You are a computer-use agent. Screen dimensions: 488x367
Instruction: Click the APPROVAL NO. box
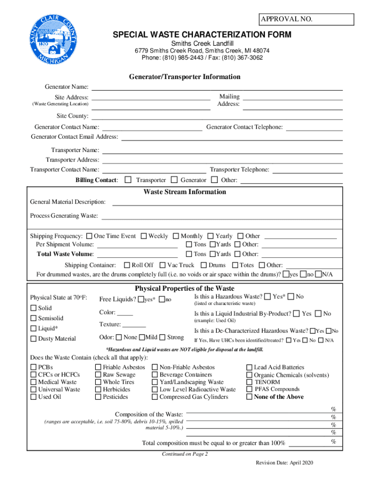(x=306, y=20)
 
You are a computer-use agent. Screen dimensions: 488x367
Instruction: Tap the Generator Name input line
(x=217, y=87)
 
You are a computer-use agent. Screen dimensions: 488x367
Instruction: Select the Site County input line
(x=217, y=116)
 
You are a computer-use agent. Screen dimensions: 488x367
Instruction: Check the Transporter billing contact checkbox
(x=128, y=180)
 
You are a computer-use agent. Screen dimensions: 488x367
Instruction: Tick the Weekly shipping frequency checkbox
(x=143, y=236)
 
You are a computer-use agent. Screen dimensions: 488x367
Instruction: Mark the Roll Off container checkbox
(x=127, y=265)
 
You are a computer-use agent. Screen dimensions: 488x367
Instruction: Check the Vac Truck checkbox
(x=163, y=265)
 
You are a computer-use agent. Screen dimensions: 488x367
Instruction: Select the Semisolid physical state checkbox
(x=33, y=318)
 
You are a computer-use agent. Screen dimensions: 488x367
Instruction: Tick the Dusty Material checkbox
(x=33, y=339)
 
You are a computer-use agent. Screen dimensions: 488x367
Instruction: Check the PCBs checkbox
(x=33, y=367)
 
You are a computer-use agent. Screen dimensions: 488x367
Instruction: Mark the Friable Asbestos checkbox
(x=98, y=367)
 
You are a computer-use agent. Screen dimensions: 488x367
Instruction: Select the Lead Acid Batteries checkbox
(x=249, y=367)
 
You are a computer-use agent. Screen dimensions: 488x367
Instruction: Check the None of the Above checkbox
(x=249, y=397)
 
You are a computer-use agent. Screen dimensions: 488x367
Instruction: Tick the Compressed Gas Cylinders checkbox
(x=155, y=397)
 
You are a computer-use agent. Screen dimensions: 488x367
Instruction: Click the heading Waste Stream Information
(x=185, y=192)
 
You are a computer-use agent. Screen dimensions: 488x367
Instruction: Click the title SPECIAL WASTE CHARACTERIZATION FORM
(x=202, y=35)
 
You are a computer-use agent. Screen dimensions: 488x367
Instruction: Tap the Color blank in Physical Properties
(x=125, y=313)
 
